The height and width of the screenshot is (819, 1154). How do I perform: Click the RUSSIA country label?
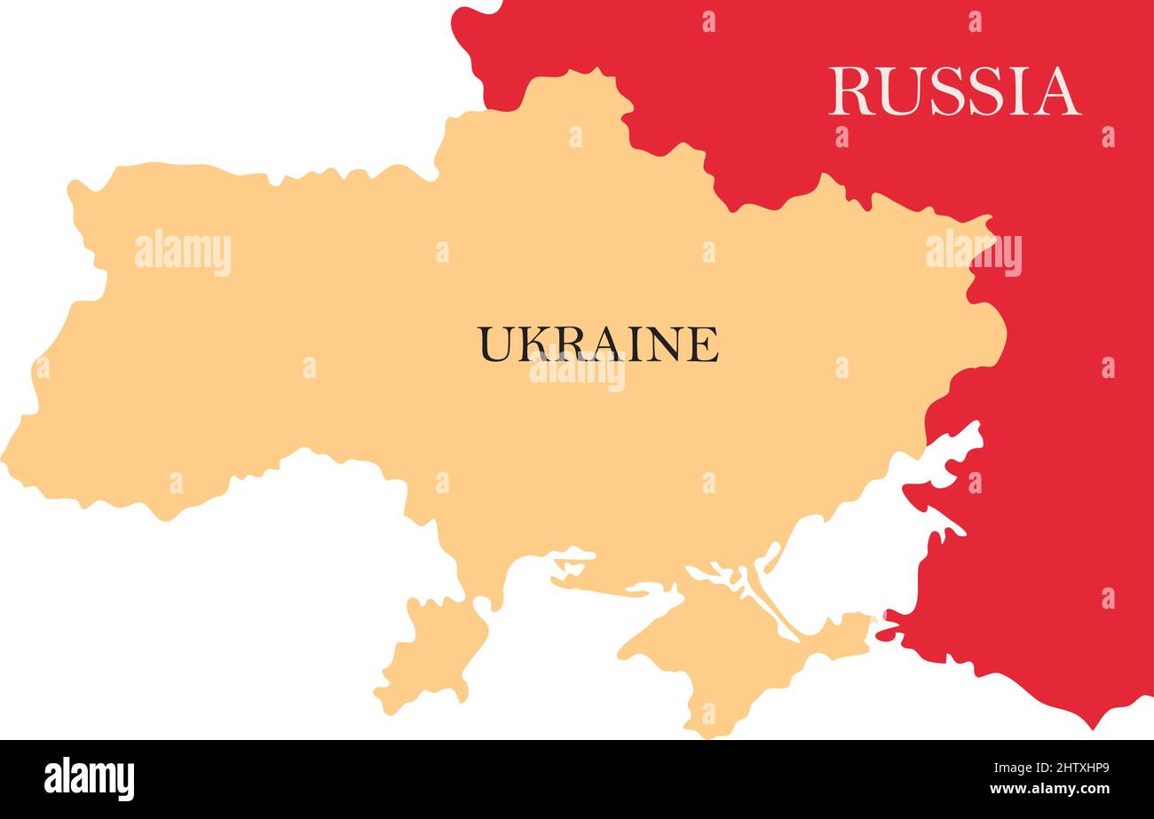(954, 91)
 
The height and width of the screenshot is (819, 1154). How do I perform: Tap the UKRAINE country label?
(598, 344)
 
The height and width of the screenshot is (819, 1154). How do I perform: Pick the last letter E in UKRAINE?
(702, 344)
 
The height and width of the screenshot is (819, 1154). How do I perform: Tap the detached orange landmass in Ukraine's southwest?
(433, 648)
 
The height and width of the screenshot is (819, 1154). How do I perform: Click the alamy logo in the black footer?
(89, 779)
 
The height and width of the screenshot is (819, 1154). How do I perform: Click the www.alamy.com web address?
(1047, 789)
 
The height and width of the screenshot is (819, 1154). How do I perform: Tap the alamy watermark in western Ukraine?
(183, 253)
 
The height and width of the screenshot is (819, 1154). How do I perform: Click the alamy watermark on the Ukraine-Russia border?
(973, 253)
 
